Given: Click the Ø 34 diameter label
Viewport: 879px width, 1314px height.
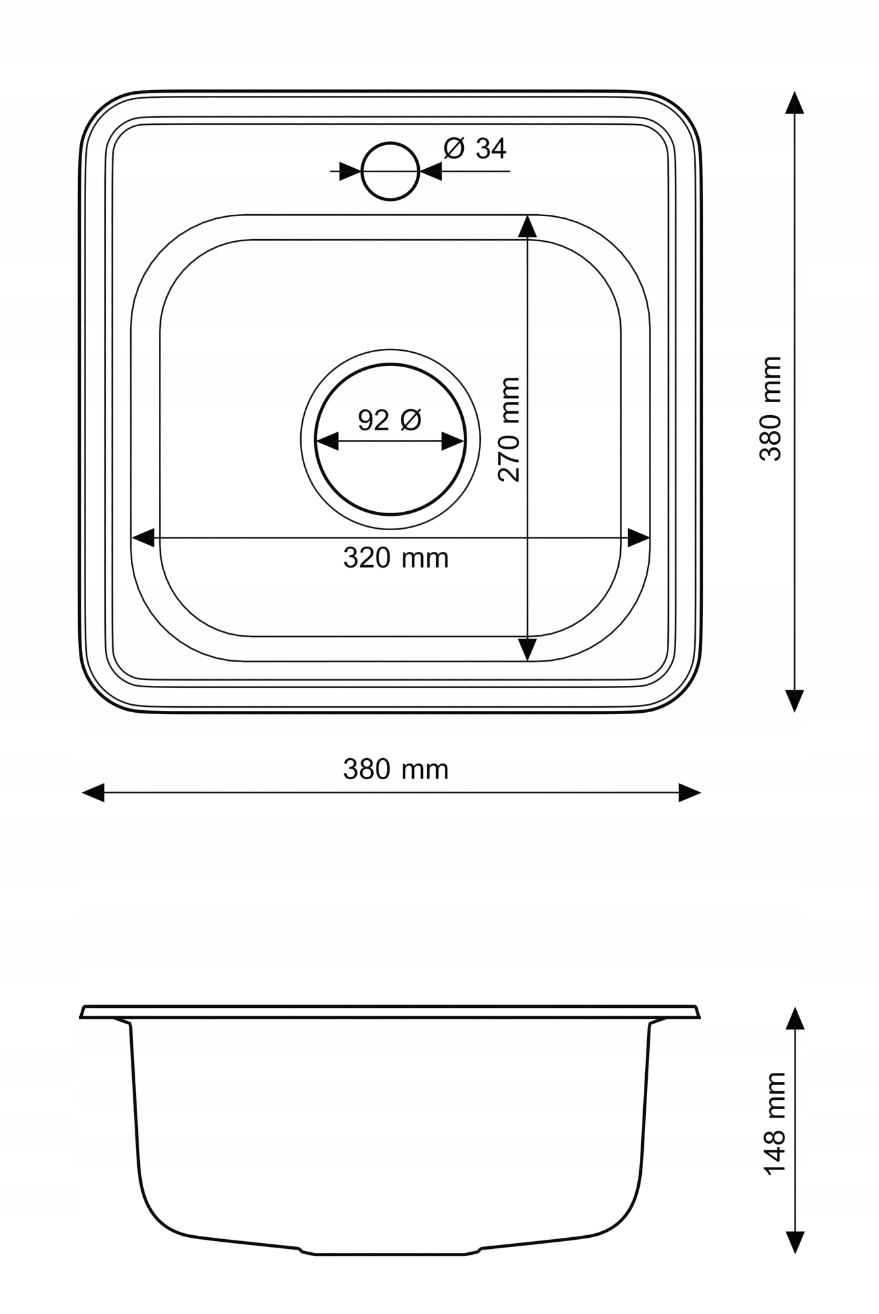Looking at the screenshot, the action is click(475, 148).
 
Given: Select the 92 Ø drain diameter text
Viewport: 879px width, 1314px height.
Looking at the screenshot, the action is click(390, 420).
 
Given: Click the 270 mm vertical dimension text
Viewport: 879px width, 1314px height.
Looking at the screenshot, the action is click(509, 429).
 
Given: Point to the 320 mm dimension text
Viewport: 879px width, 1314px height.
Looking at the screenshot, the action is click(395, 558).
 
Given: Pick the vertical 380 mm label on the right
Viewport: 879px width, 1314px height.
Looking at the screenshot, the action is click(771, 408).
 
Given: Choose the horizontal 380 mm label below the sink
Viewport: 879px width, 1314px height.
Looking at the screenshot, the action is click(395, 769).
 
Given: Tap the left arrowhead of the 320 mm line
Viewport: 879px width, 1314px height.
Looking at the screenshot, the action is click(143, 537).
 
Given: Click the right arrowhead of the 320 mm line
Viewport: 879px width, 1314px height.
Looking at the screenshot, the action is click(639, 537).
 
